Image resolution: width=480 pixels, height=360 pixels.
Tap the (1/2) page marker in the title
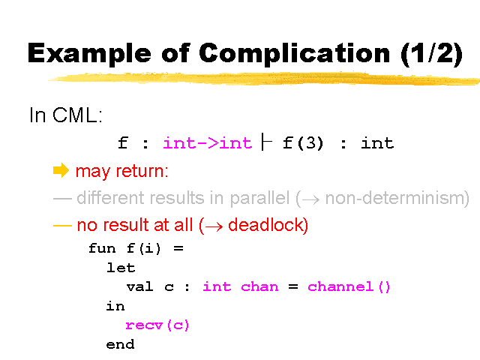[432, 54]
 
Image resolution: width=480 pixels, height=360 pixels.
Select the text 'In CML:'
[66, 115]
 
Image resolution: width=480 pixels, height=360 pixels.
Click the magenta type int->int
[208, 143]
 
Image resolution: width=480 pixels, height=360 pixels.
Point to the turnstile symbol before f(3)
[267, 142]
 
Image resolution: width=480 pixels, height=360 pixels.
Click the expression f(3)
[303, 143]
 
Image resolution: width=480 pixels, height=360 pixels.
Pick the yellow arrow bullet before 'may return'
[61, 170]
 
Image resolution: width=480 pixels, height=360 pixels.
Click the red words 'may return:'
[121, 171]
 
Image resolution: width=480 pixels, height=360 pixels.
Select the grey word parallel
[259, 198]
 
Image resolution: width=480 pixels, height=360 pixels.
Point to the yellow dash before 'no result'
[62, 226]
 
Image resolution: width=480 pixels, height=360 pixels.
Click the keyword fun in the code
[102, 248]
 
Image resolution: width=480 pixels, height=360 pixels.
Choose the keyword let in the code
[121, 268]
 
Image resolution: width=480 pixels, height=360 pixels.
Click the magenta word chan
[259, 286]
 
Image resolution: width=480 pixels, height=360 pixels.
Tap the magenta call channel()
[349, 287]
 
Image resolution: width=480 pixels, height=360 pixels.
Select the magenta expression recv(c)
[157, 325]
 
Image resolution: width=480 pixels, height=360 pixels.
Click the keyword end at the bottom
[120, 344]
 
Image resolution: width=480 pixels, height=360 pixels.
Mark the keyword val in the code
[139, 286]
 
